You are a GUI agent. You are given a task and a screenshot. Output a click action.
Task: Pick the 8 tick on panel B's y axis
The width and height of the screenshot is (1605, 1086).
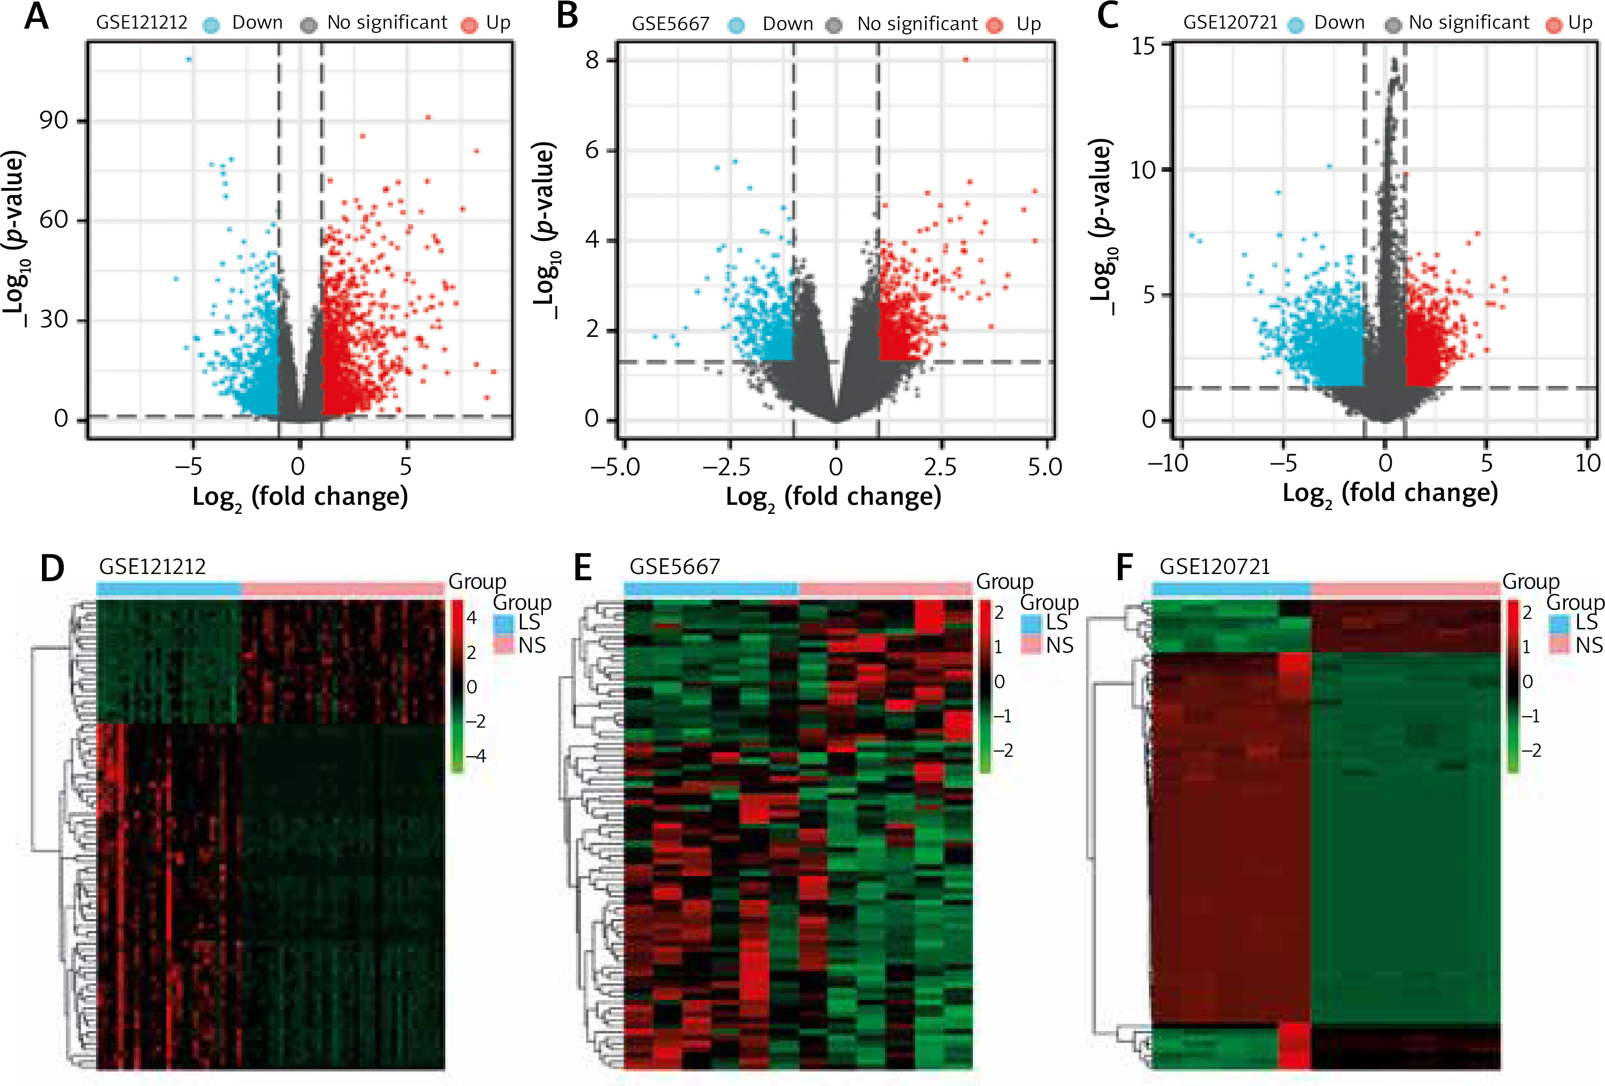click(x=592, y=60)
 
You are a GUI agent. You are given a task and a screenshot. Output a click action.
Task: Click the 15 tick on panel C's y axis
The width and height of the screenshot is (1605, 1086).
click(x=1143, y=46)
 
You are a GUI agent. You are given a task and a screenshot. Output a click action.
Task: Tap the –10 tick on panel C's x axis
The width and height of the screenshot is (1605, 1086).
click(x=1167, y=463)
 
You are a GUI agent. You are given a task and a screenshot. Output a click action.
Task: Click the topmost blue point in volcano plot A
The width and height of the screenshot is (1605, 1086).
click(x=188, y=60)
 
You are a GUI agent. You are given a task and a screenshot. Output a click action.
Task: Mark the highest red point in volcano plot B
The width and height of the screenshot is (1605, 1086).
click(x=966, y=60)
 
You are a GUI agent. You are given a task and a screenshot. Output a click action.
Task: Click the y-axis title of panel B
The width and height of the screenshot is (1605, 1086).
click(x=546, y=231)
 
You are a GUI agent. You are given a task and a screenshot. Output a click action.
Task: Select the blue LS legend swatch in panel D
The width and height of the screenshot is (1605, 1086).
click(x=504, y=623)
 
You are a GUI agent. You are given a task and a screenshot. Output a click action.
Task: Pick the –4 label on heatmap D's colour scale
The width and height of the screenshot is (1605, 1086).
click(x=476, y=756)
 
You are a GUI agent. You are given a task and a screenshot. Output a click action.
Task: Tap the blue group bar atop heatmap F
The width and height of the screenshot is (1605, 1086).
click(x=1231, y=589)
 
